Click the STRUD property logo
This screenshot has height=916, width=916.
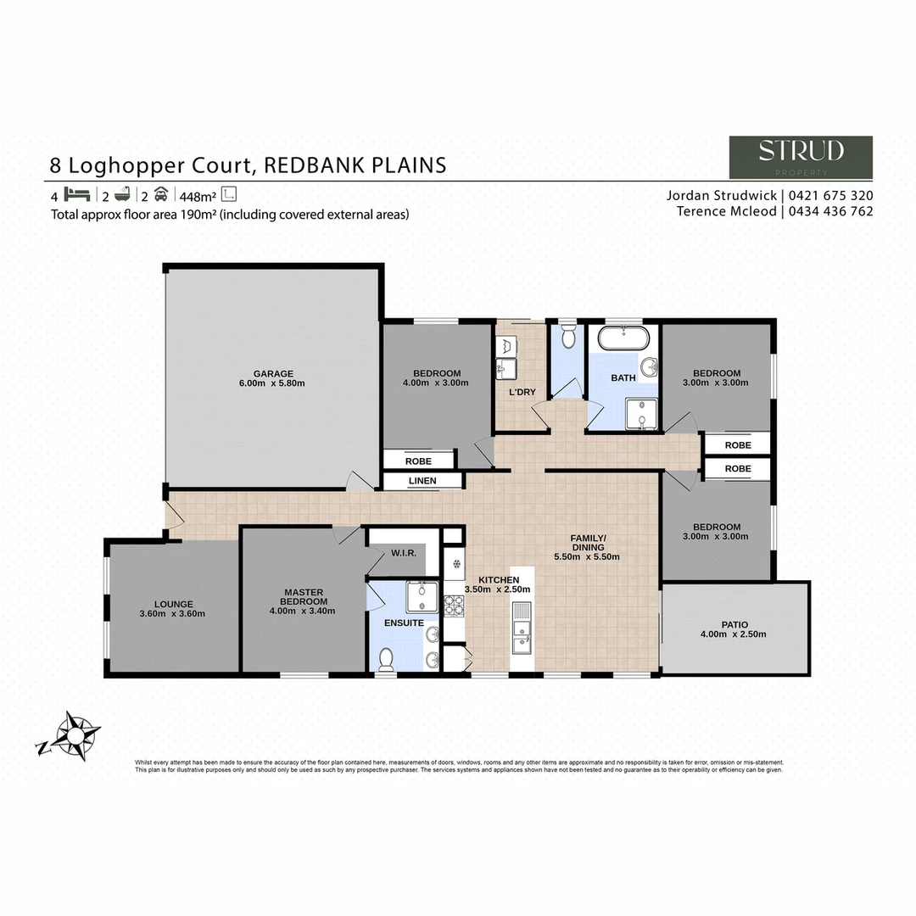coord(801,157)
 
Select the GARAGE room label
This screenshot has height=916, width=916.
coord(273,373)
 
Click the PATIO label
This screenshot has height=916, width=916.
coord(734,621)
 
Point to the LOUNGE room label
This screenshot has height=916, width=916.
coord(174,604)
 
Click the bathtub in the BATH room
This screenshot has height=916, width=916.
coord(623,338)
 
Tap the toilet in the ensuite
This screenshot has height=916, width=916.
coord(386,658)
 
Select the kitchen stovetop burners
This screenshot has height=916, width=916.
coord(454,605)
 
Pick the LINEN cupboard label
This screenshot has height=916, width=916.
coord(422,481)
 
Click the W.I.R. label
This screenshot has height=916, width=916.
coord(403,553)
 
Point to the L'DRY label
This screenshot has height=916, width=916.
coord(522,393)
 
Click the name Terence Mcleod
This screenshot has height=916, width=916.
coord(725,211)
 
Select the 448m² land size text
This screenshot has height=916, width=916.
coord(197,194)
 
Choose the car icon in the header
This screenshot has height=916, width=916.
coord(161,193)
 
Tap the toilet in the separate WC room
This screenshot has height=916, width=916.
coord(567,337)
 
